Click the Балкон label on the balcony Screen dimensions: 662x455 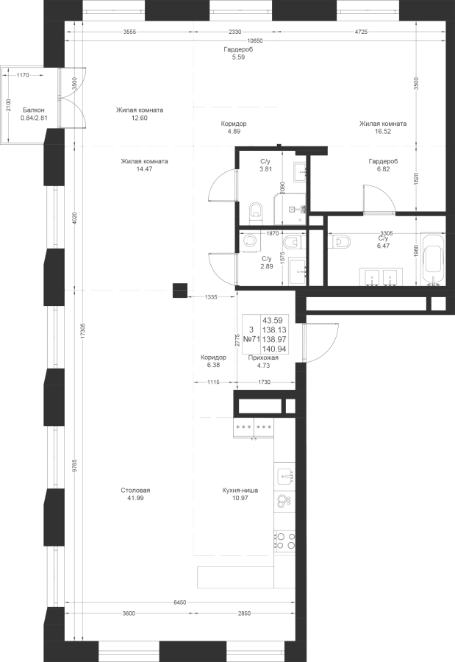pos(34,109)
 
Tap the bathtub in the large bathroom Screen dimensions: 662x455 pos(434,260)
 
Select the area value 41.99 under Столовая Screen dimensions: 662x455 pos(135,498)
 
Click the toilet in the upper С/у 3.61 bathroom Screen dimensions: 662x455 pos(255,211)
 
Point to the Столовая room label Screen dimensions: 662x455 pos(135,490)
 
